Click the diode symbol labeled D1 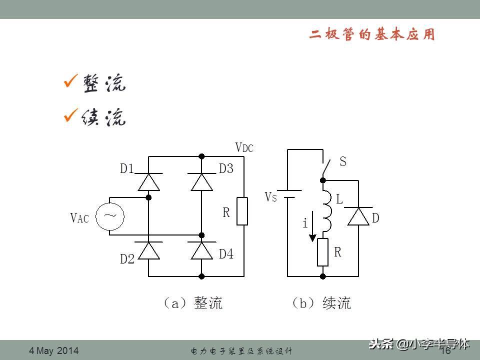point(148,181)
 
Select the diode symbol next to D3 point(201,181)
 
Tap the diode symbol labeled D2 point(148,250)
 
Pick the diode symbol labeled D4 point(201,250)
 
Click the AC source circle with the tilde point(110,216)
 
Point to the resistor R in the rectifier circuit point(243,211)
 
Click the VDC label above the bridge point(244,147)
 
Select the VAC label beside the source point(79,218)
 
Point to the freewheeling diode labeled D point(358,217)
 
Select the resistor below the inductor point(323,252)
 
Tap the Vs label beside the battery point(270,197)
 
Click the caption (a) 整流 point(192,303)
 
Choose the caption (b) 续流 point(321,303)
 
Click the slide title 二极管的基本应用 point(372,35)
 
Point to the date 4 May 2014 point(54,351)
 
